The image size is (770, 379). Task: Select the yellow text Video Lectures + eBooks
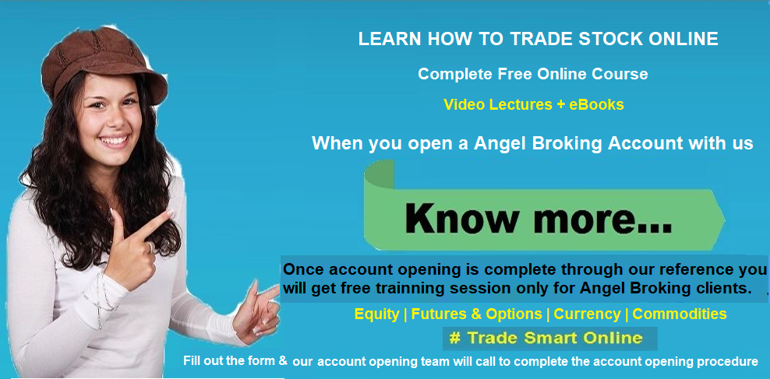533,104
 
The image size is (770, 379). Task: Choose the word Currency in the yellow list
587,314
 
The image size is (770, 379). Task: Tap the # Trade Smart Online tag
550,339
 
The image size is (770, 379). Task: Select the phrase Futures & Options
476,314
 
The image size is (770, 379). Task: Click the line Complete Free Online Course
533,74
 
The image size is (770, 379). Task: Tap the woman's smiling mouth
114,141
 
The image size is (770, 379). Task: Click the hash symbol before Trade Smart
454,339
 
